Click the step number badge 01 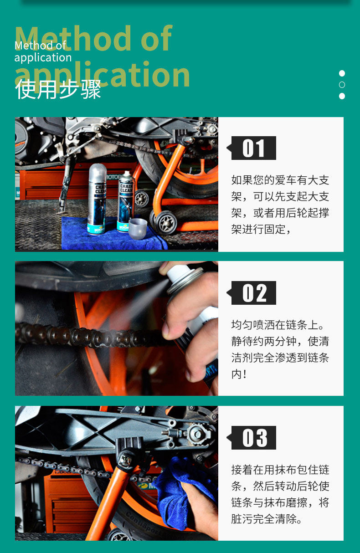[x=253, y=148]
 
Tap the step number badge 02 [x=253, y=293]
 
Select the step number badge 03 [x=253, y=438]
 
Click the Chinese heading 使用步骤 [x=58, y=89]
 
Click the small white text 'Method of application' [x=43, y=51]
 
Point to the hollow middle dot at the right [x=342, y=85]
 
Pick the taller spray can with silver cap [x=97, y=199]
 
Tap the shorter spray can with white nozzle [x=126, y=201]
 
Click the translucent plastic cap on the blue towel [x=138, y=228]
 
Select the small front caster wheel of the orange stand [x=166, y=222]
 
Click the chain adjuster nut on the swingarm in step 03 [x=197, y=434]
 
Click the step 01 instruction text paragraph [x=280, y=205]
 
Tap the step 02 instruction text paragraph [x=280, y=349]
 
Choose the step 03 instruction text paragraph [x=280, y=494]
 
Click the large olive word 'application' [x=102, y=75]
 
